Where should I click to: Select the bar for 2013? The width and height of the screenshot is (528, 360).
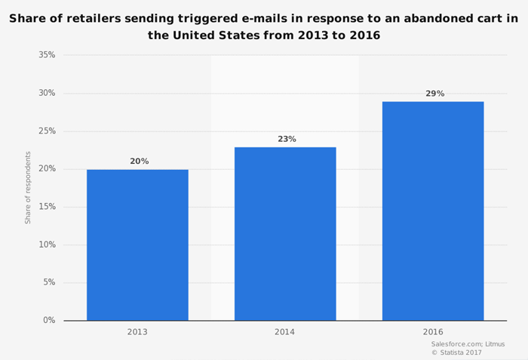tap(137, 245)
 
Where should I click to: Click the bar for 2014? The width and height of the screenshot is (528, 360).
tap(285, 233)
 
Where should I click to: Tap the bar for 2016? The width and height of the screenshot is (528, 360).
tap(433, 211)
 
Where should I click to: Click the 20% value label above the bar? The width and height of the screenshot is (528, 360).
tap(139, 162)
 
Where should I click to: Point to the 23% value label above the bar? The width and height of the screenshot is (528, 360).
tap(287, 139)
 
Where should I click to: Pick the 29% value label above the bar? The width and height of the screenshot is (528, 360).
tap(434, 94)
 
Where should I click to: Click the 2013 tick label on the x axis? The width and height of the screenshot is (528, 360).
tap(137, 332)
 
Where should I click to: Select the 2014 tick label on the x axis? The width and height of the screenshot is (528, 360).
tap(285, 332)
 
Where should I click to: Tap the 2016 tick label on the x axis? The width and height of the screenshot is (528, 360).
tap(433, 332)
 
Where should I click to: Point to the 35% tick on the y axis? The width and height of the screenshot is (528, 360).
tap(47, 55)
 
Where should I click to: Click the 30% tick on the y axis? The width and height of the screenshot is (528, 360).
tap(47, 93)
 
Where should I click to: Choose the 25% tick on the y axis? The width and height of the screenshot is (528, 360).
tap(47, 131)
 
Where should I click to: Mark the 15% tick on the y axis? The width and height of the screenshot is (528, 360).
tap(47, 207)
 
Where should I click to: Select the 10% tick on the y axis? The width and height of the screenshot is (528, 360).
tap(47, 245)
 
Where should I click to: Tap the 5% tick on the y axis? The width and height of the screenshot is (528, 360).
tap(49, 282)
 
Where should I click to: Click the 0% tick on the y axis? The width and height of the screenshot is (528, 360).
tap(49, 320)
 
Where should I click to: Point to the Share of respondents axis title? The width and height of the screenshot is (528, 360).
tap(28, 187)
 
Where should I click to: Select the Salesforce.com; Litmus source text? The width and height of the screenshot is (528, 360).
tap(468, 344)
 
